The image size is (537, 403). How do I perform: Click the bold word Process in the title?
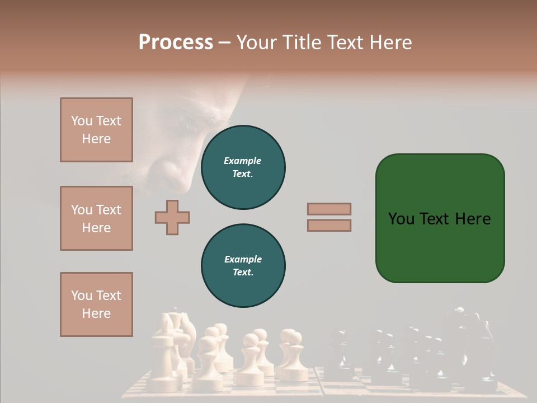point(176,43)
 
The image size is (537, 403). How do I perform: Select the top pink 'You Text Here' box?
point(96,130)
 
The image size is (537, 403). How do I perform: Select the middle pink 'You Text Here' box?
point(96,218)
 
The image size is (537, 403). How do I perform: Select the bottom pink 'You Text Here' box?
point(96,304)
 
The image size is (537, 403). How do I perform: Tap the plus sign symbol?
point(172,217)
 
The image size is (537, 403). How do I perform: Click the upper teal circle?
point(243,167)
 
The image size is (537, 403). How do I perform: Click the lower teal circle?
point(243,265)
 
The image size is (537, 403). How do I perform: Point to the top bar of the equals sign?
point(329,209)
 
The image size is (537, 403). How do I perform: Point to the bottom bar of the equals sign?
point(329,226)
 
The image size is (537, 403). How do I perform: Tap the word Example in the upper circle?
point(243,161)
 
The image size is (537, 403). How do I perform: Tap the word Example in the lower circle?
point(243,259)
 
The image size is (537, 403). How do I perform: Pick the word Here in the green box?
point(473,219)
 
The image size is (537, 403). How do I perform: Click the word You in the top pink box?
point(81,121)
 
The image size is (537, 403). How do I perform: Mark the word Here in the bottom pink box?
point(96,313)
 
